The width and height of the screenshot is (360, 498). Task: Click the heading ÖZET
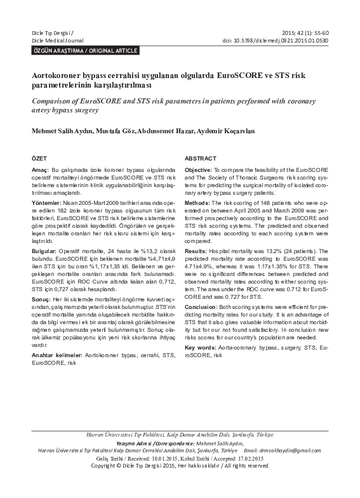coord(39,158)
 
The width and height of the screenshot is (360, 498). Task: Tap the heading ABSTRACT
coord(200,158)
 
